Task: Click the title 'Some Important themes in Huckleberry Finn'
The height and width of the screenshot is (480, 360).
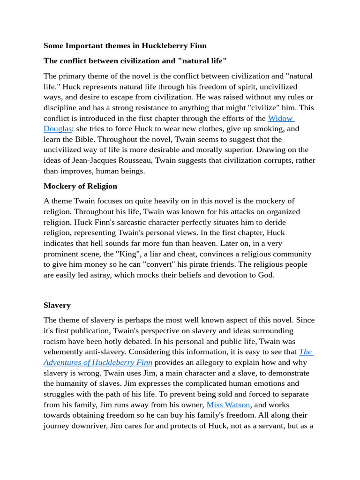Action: coord(125,46)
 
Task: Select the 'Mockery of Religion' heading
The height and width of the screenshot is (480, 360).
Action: coord(80,186)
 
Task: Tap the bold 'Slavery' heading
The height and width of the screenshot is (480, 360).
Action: coord(57,305)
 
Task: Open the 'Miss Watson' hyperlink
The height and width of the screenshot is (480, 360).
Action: coord(228,405)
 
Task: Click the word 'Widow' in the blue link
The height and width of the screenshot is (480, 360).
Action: coord(280,118)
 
